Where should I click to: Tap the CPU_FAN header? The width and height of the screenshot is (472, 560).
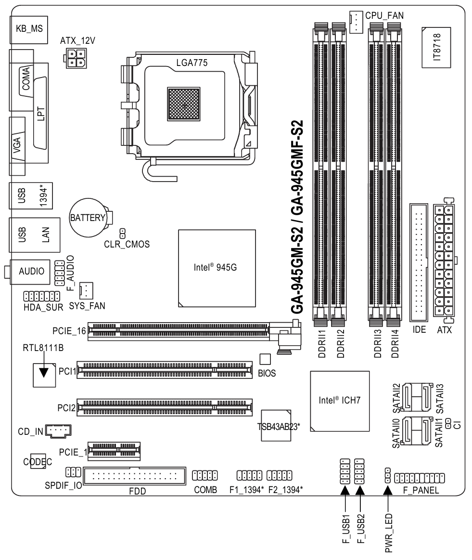(355, 21)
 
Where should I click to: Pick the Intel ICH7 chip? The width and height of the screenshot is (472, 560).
(340, 400)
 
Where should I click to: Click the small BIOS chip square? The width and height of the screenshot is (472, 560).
(265, 359)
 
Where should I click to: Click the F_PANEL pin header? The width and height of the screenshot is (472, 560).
(419, 478)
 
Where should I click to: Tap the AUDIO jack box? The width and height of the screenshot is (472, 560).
(31, 271)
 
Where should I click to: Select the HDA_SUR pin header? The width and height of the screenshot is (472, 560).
(41, 295)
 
